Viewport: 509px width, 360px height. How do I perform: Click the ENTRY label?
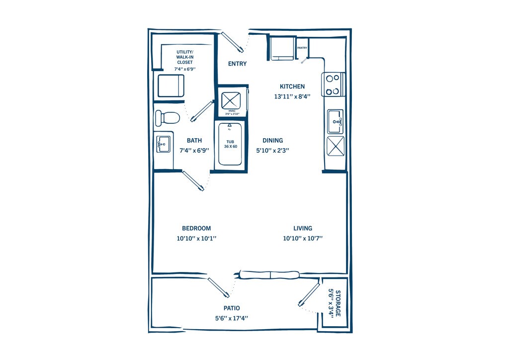click(x=237, y=64)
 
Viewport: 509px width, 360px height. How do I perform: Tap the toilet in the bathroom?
click(x=167, y=117)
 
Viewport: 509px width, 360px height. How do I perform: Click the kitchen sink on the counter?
click(x=336, y=121)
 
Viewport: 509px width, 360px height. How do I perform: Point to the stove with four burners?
click(x=333, y=85)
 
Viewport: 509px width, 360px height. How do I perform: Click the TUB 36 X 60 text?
click(x=231, y=144)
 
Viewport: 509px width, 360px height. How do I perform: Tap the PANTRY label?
click(x=302, y=48)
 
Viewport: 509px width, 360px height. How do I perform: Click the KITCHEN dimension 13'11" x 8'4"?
click(x=292, y=96)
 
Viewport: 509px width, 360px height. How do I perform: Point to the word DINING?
click(x=273, y=140)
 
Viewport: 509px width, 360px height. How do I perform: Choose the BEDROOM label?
click(x=196, y=228)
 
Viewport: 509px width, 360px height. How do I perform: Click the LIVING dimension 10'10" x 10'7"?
click(x=303, y=238)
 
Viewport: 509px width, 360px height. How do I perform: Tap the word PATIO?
click(x=232, y=308)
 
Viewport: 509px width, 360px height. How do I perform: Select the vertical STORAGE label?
click(x=338, y=303)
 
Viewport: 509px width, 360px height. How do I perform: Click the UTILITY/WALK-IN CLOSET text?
click(x=185, y=57)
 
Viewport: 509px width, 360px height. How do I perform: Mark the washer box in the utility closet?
click(x=171, y=86)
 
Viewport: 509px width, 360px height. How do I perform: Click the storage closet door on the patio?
click(x=309, y=295)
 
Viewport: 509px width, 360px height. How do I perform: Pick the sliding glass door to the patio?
click(x=269, y=275)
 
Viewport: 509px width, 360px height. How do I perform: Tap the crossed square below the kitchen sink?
click(x=336, y=146)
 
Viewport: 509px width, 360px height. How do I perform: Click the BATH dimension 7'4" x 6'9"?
click(x=194, y=150)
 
